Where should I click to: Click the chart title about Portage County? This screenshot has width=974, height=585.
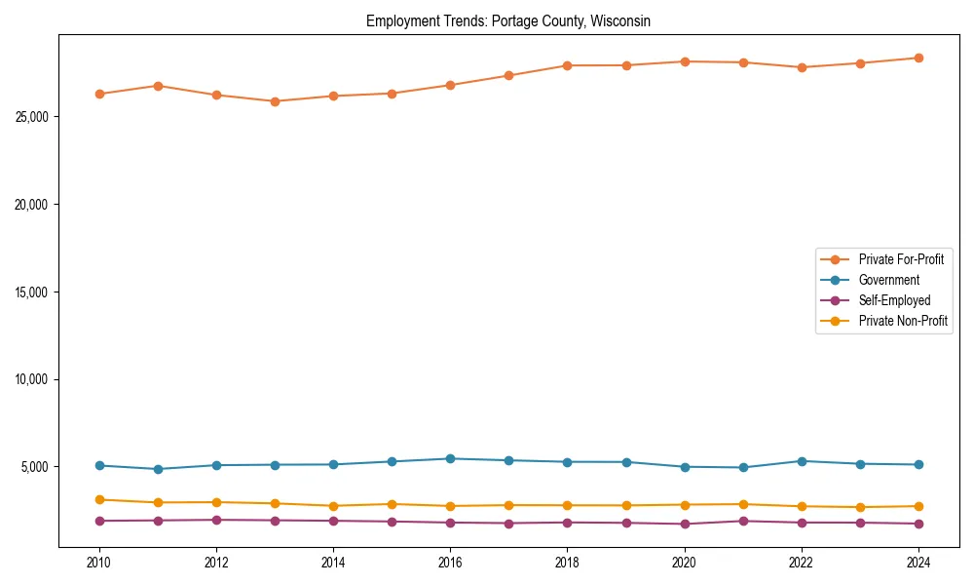click(x=507, y=20)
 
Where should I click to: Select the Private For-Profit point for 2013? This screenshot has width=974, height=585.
click(x=275, y=101)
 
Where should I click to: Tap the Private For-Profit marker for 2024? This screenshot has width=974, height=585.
click(x=918, y=58)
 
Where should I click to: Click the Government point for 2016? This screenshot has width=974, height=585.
click(x=450, y=458)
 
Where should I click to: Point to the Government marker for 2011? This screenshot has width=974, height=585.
click(x=158, y=469)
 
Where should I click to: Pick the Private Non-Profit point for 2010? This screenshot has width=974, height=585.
click(x=99, y=499)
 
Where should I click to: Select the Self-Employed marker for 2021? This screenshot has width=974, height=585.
click(x=743, y=521)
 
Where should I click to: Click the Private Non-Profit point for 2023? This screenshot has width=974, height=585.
click(x=860, y=507)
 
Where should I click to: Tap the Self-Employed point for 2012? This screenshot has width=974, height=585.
click(x=216, y=520)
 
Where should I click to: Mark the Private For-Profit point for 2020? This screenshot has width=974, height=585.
click(x=685, y=61)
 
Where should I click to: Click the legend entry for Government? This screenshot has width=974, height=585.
click(x=888, y=280)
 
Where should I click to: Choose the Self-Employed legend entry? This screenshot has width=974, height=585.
click(x=894, y=300)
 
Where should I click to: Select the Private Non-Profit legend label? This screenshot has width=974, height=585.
click(x=903, y=321)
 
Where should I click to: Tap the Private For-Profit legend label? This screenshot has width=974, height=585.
click(x=901, y=259)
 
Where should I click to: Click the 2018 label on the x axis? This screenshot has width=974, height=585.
click(x=567, y=562)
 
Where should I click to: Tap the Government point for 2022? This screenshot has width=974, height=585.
click(x=802, y=461)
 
